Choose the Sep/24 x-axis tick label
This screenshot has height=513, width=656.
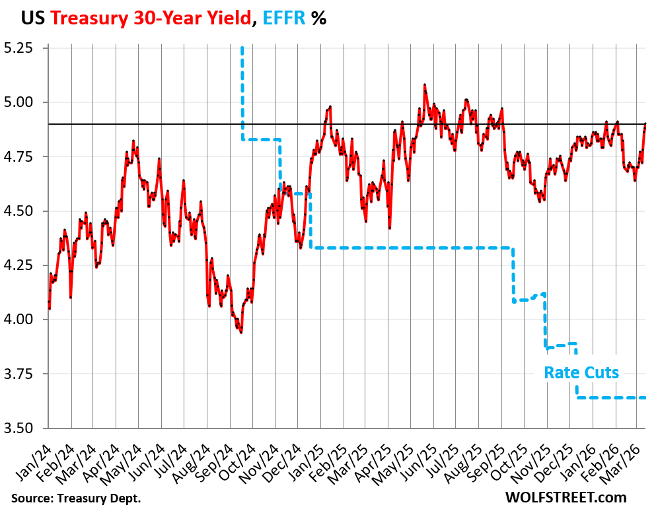(x=219, y=456)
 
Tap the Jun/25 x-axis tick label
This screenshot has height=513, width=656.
(x=425, y=456)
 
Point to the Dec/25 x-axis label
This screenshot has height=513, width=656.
(x=563, y=456)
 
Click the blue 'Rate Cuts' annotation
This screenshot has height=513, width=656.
(x=581, y=372)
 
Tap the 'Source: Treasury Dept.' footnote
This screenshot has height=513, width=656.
(x=76, y=497)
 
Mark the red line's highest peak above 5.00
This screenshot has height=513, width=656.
(x=424, y=85)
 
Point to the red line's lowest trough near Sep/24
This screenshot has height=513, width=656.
(x=241, y=332)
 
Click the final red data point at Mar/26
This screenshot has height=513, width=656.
(x=645, y=124)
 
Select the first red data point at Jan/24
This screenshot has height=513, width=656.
(x=49, y=308)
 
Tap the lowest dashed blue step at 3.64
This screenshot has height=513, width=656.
(x=611, y=397)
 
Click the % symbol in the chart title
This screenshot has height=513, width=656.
(x=319, y=18)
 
